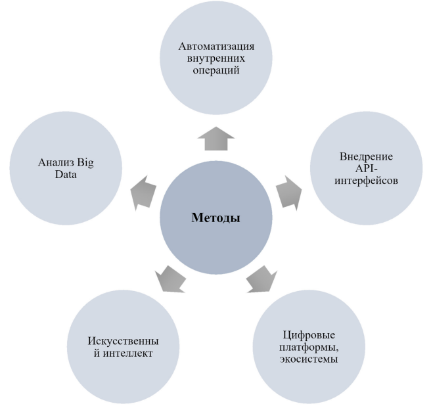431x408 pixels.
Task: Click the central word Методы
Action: point(215,217)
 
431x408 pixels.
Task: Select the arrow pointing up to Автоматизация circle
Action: point(216,139)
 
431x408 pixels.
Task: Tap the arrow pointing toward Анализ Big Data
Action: point(143,193)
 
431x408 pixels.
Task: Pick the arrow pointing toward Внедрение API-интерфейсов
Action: point(289,193)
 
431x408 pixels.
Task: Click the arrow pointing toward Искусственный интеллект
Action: point(170,279)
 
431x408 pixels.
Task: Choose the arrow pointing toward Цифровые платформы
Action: point(262,279)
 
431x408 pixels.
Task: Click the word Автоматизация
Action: point(216,46)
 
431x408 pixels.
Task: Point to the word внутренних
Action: point(216,58)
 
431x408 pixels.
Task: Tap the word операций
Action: point(216,70)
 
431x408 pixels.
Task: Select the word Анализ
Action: point(56,162)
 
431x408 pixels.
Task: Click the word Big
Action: point(85,163)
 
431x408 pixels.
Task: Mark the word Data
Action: point(66,175)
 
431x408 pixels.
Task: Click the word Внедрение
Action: point(366,157)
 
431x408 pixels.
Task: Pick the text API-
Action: point(366,168)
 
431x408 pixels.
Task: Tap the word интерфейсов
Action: point(366,181)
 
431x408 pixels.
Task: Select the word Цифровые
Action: point(309,335)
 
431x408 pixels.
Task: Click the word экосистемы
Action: point(309,359)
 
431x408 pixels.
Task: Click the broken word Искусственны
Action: point(123,341)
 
